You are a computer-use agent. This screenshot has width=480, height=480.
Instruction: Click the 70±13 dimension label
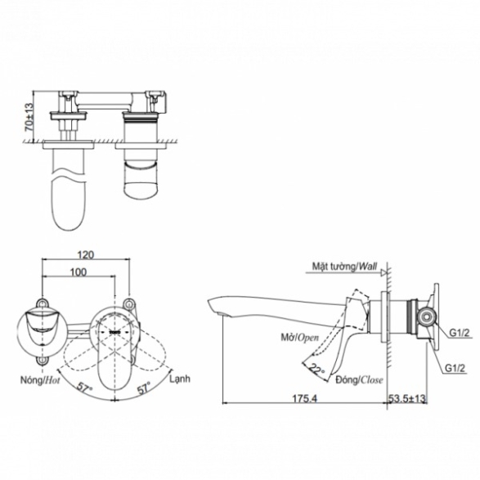tap(29, 117)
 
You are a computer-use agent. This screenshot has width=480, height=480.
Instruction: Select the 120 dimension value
tap(85, 254)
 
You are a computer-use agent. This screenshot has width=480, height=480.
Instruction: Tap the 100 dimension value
tap(79, 271)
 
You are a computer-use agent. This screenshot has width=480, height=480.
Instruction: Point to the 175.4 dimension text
tap(304, 398)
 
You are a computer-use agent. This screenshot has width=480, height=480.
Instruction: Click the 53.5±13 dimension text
tap(407, 398)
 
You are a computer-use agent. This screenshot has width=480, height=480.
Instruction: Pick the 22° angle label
tap(316, 369)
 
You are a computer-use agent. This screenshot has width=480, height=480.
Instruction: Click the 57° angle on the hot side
tap(85, 388)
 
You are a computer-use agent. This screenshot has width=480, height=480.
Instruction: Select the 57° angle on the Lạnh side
tap(144, 388)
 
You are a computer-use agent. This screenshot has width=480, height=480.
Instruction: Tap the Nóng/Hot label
tap(40, 380)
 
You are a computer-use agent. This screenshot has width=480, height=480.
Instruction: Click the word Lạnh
tap(180, 379)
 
